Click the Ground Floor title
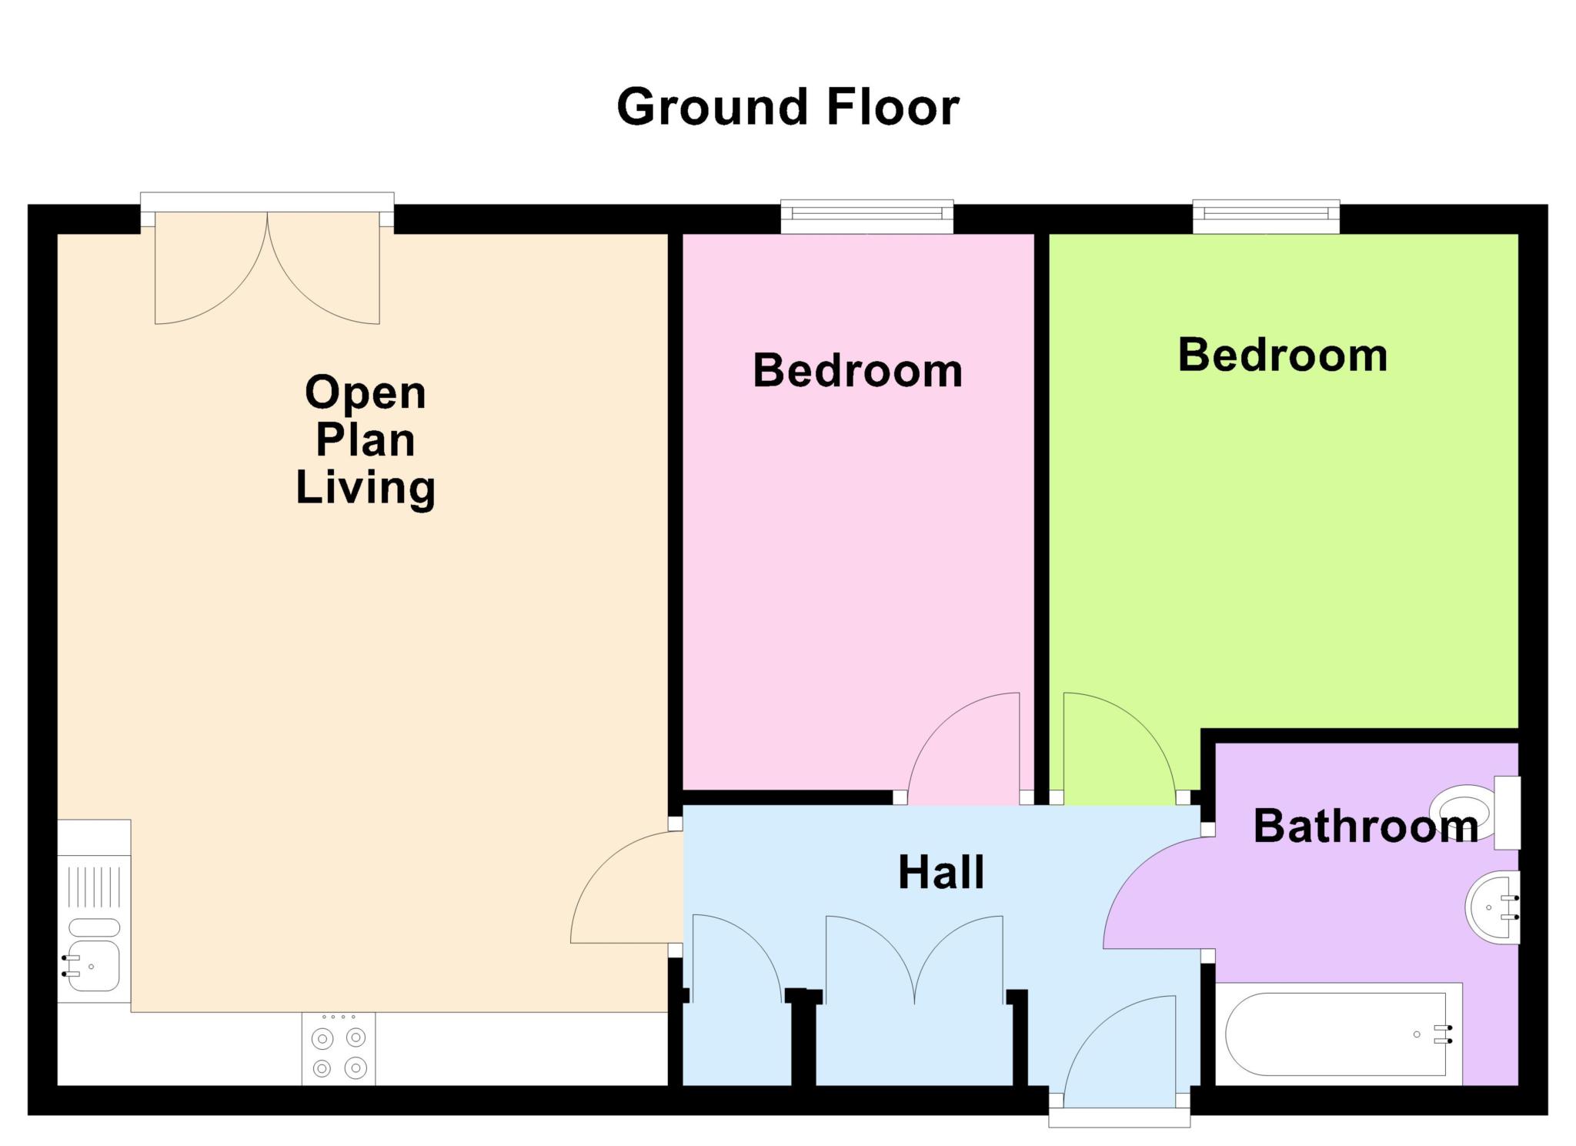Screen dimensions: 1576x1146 click(x=788, y=107)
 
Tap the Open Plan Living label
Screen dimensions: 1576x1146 click(x=366, y=440)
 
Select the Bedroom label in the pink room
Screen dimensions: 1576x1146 click(x=857, y=371)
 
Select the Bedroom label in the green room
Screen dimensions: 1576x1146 click(x=1283, y=356)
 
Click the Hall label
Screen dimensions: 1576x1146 click(x=941, y=873)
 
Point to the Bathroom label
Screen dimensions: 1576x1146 click(x=1366, y=826)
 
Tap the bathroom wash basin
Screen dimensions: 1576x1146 click(x=1492, y=907)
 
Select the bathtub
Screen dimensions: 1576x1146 click(x=1338, y=1034)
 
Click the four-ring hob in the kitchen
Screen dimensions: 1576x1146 click(x=339, y=1050)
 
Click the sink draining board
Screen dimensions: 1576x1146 click(x=94, y=885)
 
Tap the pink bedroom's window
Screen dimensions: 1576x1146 click(x=867, y=216)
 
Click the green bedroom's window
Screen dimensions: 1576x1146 click(x=1266, y=216)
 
